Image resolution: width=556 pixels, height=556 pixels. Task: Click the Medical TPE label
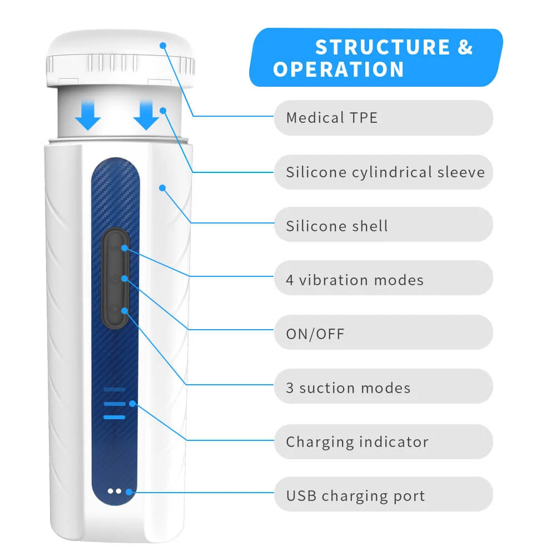click(x=332, y=118)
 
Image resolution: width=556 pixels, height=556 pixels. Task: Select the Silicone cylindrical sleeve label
click(x=385, y=172)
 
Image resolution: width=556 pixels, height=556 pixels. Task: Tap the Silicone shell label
click(x=337, y=226)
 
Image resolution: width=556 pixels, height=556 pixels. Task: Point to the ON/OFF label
click(x=315, y=334)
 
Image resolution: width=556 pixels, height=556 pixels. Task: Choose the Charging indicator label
click(x=357, y=442)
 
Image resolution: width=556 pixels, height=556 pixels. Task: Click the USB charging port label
click(x=355, y=495)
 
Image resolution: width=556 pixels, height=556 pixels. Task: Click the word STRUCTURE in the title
click(x=383, y=48)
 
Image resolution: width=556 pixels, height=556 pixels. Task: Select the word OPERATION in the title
click(x=339, y=70)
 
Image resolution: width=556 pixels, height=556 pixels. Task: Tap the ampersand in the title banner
click(x=465, y=48)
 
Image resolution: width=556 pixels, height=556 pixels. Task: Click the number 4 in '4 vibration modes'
click(x=290, y=280)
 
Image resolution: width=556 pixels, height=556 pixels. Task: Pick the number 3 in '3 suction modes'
click(x=290, y=388)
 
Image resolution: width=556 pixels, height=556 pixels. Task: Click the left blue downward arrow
click(x=88, y=115)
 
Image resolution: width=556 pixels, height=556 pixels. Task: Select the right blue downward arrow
click(x=146, y=115)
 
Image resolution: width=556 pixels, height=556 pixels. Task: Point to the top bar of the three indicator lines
click(x=114, y=389)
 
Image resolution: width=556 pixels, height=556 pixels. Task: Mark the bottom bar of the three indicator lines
click(x=114, y=417)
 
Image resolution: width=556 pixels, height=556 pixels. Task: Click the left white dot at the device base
click(x=111, y=491)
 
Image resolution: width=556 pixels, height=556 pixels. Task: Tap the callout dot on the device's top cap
click(x=163, y=45)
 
